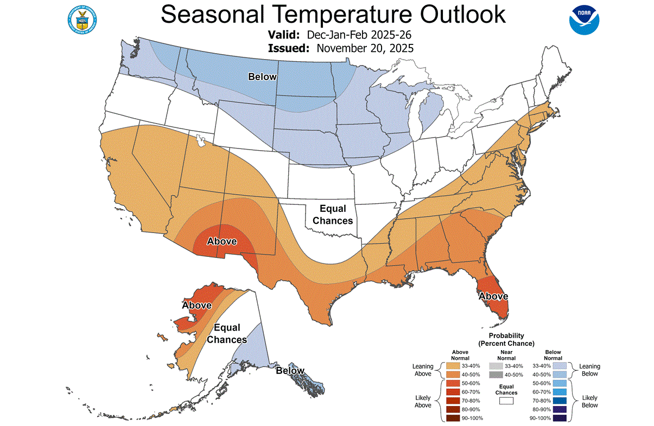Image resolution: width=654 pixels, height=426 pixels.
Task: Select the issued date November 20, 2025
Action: pos(365,48)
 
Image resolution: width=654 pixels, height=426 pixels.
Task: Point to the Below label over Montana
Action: pos(262,77)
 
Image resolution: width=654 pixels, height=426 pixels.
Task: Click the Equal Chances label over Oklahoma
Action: pos(333,215)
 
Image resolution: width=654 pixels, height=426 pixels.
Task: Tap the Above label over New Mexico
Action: pos(222,241)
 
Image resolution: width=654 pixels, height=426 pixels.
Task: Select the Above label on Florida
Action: pos(493,296)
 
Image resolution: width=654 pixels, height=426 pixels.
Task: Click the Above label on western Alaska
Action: pos(196,305)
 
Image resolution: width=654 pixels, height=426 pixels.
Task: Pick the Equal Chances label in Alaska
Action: pos(227,334)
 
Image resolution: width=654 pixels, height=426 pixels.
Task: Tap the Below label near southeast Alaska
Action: pos(290,371)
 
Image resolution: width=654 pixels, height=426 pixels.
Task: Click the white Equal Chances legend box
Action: pos(506,401)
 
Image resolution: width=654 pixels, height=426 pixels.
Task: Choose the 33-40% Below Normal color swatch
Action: pos(560,366)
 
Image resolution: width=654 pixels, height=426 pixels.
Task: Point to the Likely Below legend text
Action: pos(589,401)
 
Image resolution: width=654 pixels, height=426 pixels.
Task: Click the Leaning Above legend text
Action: pos(422,370)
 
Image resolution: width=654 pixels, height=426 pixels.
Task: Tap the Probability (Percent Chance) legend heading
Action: pos(506,339)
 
